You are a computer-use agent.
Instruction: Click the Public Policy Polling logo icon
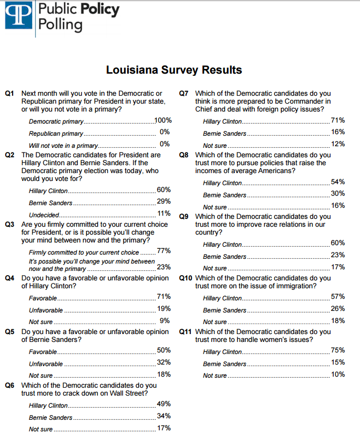pyautogui.click(x=17, y=15)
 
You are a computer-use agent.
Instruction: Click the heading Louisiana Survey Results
pyautogui.click(x=174, y=70)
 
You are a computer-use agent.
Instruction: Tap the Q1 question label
pyautogui.click(x=9, y=93)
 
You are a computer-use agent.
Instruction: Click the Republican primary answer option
pyautogui.click(x=56, y=134)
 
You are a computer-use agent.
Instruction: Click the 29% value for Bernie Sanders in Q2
pyautogui.click(x=163, y=201)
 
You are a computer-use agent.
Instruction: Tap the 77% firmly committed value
pyautogui.click(x=163, y=251)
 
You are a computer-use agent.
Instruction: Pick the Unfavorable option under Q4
pyautogui.click(x=46, y=310)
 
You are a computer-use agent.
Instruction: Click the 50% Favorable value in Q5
pyautogui.click(x=163, y=350)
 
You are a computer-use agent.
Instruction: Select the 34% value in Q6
pyautogui.click(x=163, y=416)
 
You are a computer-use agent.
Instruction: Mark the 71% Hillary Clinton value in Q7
pyautogui.click(x=338, y=120)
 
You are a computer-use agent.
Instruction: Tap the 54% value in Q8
pyautogui.click(x=338, y=181)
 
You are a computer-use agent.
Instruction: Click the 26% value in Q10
pyautogui.click(x=338, y=308)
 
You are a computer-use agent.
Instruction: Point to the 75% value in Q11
pyautogui.click(x=338, y=350)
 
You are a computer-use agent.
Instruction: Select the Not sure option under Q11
pyautogui.click(x=215, y=376)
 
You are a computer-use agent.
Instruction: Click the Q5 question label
pyautogui.click(x=9, y=332)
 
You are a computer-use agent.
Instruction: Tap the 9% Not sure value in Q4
pyautogui.click(x=165, y=320)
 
